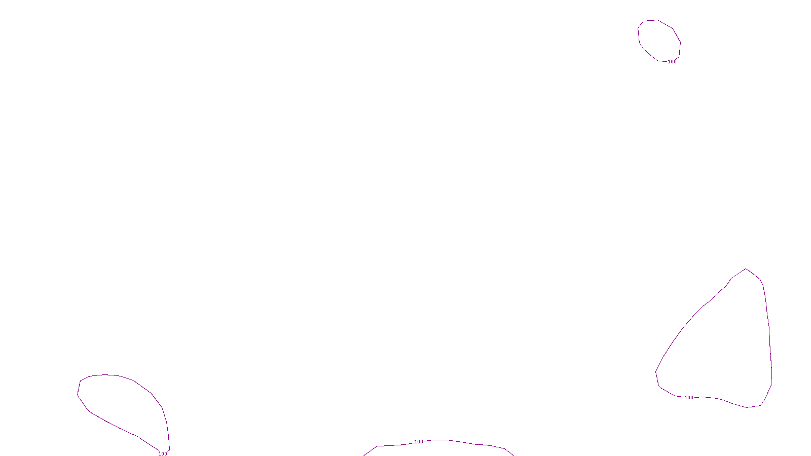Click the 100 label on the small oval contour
click(672, 62)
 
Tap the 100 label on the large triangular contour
click(689, 398)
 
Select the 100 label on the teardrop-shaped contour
click(163, 453)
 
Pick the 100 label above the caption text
click(419, 442)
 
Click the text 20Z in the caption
click(387, 449)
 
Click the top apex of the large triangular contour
click(746, 269)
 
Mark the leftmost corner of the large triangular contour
click(656, 372)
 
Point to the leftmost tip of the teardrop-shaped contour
click(78, 394)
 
